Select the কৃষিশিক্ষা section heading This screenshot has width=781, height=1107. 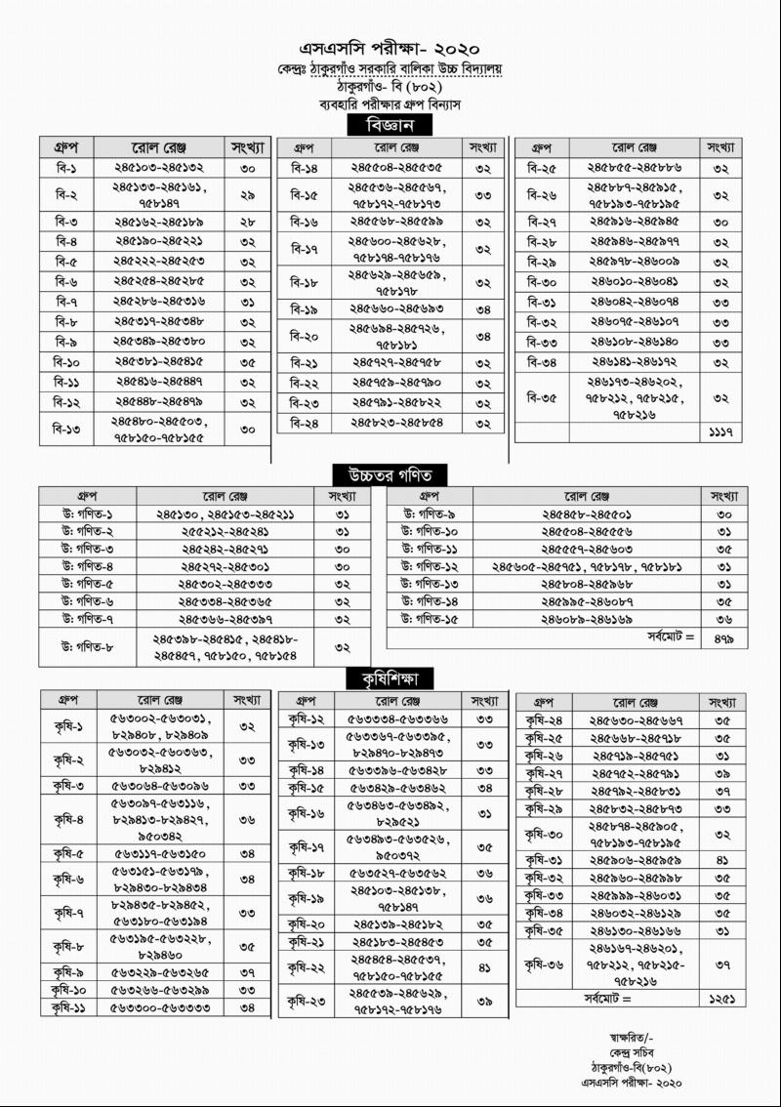(x=390, y=677)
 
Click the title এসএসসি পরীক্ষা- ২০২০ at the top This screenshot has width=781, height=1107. (x=390, y=48)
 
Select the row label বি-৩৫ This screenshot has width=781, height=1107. (x=541, y=397)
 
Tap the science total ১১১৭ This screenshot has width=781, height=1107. (x=722, y=431)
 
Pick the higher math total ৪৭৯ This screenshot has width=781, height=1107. (x=723, y=637)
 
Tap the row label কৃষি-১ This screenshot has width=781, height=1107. (x=68, y=725)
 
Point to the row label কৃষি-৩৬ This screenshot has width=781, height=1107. (x=543, y=964)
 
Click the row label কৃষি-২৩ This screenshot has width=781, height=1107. (x=306, y=1000)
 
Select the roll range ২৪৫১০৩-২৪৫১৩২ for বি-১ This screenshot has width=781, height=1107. (x=158, y=168)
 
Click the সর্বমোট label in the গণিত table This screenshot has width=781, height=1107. (x=670, y=637)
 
